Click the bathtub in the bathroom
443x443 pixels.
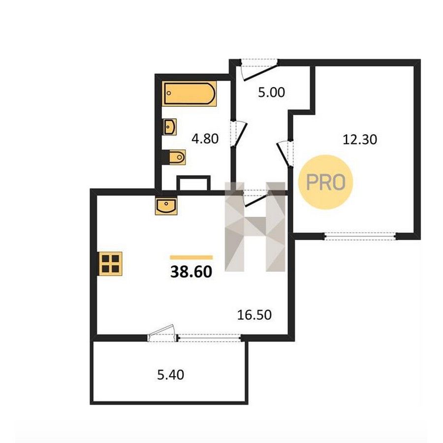(190, 94)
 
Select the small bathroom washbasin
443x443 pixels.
(170, 127)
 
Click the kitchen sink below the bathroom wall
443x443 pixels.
(166, 206)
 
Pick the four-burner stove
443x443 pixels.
(110, 264)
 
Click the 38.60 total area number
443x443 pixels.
(191, 272)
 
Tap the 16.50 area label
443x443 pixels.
(254, 315)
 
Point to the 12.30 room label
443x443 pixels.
(360, 140)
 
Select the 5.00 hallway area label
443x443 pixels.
(271, 93)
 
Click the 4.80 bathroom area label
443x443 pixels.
(205, 139)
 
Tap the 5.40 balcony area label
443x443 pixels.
(170, 375)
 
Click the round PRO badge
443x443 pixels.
(326, 182)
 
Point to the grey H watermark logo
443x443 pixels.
(255, 226)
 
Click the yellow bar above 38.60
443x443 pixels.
(191, 257)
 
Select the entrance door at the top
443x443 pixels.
(258, 69)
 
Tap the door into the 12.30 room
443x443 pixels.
(285, 154)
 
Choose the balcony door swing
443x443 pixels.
(162, 333)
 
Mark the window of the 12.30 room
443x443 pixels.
(360, 236)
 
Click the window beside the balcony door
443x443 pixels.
(209, 338)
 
